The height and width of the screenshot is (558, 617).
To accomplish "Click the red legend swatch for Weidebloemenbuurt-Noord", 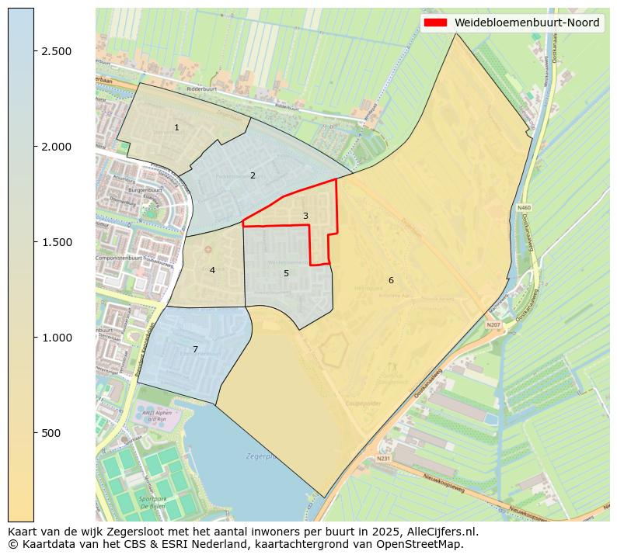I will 435,23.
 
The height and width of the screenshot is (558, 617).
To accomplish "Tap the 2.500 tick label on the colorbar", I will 57,51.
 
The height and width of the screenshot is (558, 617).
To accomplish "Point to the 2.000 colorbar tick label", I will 57,147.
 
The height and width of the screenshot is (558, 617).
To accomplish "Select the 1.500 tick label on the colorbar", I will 57,242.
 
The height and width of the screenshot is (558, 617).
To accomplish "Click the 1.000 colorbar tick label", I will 57,338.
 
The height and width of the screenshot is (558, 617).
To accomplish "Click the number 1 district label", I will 176,127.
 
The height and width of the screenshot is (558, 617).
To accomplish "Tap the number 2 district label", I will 253,175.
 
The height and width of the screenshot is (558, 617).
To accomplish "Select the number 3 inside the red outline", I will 305,216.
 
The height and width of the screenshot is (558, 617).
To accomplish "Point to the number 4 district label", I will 212,270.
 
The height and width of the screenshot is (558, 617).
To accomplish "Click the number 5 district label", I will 286,273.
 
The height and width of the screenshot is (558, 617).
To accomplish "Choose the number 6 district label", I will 391,280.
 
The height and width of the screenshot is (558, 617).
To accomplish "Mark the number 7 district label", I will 195,349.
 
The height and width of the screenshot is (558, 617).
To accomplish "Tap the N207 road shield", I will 493,325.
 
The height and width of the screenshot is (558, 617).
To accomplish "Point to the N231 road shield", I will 383,459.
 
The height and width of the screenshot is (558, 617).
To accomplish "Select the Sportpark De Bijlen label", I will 152,502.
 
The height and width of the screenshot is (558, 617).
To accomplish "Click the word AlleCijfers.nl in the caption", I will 440,532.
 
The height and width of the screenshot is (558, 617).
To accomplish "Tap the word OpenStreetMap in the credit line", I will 427,544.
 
